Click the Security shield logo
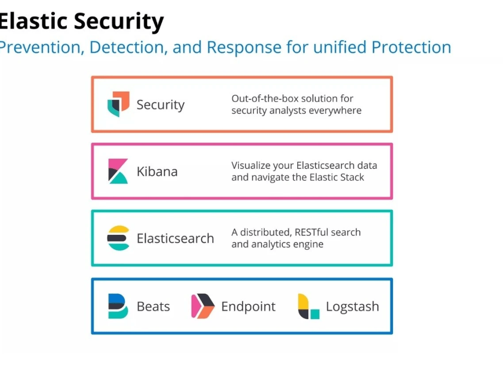[x=118, y=104]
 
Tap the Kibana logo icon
[x=118, y=171]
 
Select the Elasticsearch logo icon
[x=118, y=238]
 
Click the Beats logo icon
[x=118, y=306]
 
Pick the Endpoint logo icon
[x=203, y=306]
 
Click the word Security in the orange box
[x=160, y=105]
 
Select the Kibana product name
[x=157, y=171]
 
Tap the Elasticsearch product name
[x=175, y=238]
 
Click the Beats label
[x=153, y=306]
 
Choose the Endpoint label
[x=248, y=306]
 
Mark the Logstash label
[x=352, y=306]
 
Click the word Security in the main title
[x=119, y=21]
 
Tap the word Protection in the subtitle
[x=411, y=47]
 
